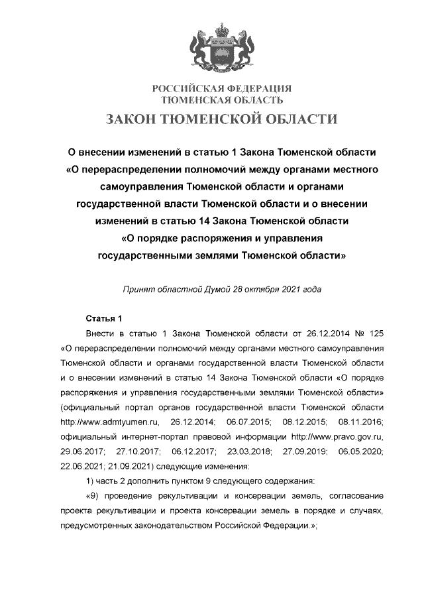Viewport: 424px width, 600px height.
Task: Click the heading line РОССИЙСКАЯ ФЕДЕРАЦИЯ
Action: pos(223,89)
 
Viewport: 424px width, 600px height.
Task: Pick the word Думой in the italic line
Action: pos(208,289)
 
